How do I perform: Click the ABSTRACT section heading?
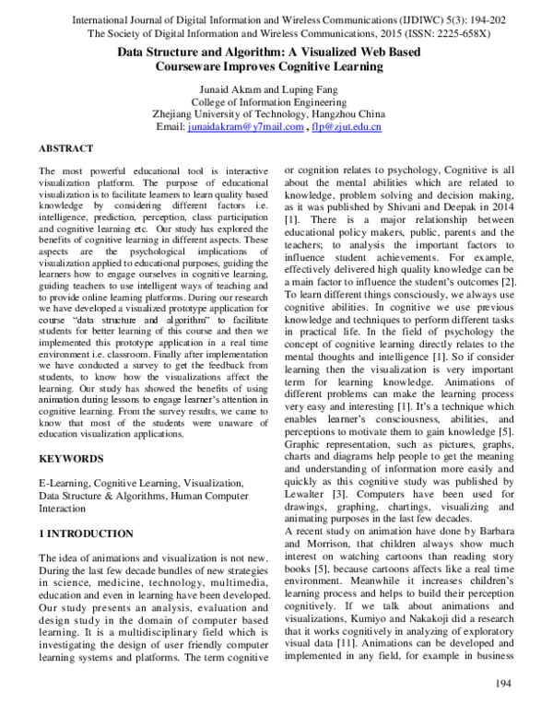click(65, 147)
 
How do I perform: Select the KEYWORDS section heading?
click(70, 457)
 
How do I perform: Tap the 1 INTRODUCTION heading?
click(87, 533)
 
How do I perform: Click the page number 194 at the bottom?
click(503, 683)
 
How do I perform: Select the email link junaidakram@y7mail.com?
click(244, 127)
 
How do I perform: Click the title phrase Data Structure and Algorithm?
click(201, 53)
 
